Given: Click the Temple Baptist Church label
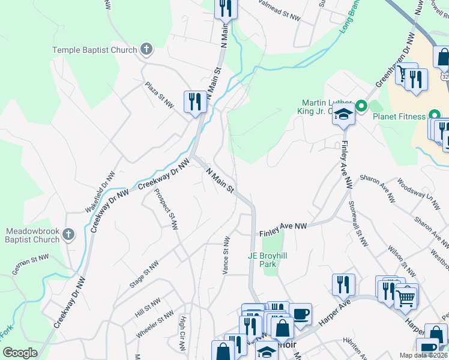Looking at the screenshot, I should coord(95,50).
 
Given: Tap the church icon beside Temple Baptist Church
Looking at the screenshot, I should coord(145,49).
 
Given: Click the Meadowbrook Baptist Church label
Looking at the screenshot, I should coord(33,235).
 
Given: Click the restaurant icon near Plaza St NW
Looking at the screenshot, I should coord(195,101).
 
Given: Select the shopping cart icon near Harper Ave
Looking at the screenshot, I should coord(406,296).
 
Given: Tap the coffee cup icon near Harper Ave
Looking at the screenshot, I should coord(300,313).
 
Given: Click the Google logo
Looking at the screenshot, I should coord(20,353).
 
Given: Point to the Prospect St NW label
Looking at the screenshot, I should coord(166,210).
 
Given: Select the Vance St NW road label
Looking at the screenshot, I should coord(226,256).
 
